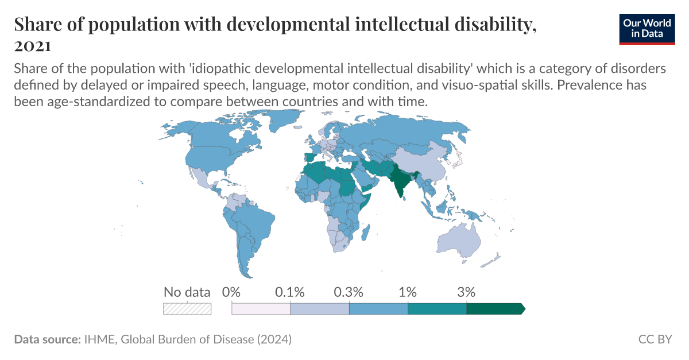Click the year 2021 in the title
32,46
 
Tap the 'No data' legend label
187,292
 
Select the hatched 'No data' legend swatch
187,308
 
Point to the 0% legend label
231,292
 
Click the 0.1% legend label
290,292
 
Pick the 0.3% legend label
349,292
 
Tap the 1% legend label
408,292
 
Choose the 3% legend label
466,292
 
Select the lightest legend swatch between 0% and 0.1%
261,308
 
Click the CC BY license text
655,339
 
